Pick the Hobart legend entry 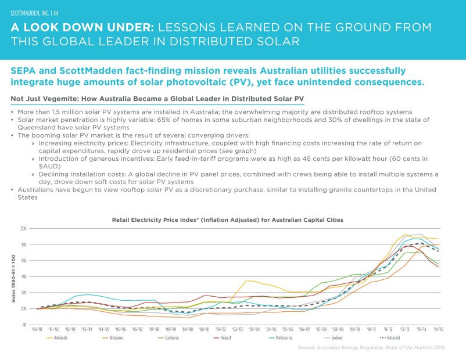[x=226, y=337]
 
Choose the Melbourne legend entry [x=284, y=337]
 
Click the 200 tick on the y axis [x=24, y=229]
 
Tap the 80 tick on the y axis [x=25, y=325]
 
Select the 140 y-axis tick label [x=24, y=277]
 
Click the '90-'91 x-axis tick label [x=37, y=329]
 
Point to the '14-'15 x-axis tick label [x=438, y=329]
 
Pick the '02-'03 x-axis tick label [x=238, y=329]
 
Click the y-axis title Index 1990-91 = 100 [x=14, y=277]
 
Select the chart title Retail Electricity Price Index [x=227, y=220]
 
